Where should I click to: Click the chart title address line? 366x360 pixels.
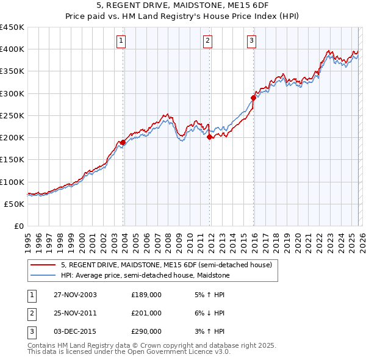tap(182, 5)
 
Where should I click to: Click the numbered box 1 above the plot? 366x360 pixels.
tap(121, 41)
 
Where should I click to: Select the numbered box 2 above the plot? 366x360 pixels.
tap(207, 41)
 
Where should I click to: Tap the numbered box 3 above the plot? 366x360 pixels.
tap(251, 41)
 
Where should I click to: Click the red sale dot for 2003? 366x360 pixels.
tap(123, 142)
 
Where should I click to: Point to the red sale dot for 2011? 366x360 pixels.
tap(209, 137)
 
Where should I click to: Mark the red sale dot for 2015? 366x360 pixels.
tap(253, 98)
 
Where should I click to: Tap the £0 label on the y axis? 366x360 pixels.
tap(18, 226)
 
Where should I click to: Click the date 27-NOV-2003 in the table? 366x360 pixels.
tap(75, 295)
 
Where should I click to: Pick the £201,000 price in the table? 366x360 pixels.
tap(146, 313)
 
